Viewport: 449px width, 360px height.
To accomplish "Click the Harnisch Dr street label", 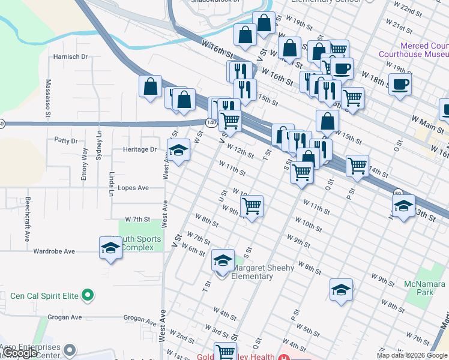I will (x=70, y=56).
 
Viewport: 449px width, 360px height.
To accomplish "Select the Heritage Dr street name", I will (x=139, y=149).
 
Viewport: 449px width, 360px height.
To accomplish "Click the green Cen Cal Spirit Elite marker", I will (x=88, y=295).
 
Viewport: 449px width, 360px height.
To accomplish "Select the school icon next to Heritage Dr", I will (x=178, y=151).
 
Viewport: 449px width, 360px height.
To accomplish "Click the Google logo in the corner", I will (x=20, y=353).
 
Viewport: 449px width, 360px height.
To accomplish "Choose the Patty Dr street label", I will (x=66, y=141).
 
